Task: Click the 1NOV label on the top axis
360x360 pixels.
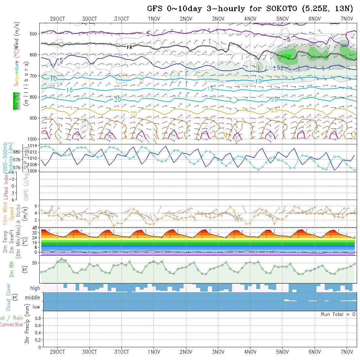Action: tap(154, 19)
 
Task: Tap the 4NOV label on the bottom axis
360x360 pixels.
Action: tap(250, 352)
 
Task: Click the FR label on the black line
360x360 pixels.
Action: tap(130, 47)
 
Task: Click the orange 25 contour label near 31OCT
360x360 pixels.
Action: tap(134, 114)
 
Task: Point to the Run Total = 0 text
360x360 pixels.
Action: tap(338, 314)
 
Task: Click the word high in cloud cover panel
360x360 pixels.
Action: tap(35, 288)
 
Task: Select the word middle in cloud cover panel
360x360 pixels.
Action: tap(33, 298)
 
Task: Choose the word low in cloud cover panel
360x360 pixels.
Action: tap(36, 307)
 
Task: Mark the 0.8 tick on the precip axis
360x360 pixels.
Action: tap(37, 318)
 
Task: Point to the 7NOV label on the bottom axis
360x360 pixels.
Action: tap(347, 352)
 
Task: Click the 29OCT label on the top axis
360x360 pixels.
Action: tap(57, 19)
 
